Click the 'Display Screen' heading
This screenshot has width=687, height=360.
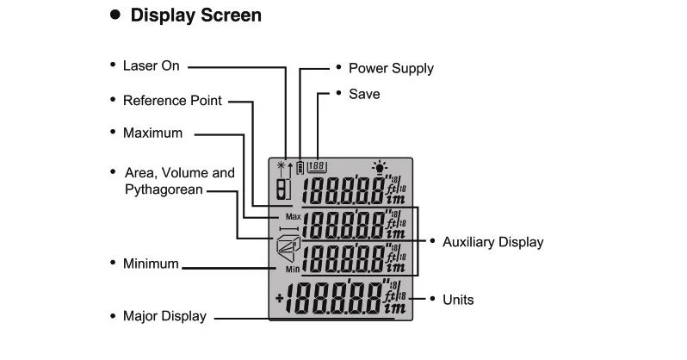click(195, 16)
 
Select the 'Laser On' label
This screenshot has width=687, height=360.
click(152, 65)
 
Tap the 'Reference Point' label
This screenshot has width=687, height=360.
click(172, 100)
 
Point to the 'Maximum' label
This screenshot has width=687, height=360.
click(152, 133)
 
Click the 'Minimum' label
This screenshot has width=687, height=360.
click(152, 264)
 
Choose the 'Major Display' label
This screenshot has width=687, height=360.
click(164, 316)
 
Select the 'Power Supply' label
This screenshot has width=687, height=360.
click(391, 68)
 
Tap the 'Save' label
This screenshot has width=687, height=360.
click(364, 93)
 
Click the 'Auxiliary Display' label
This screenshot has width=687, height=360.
click(492, 242)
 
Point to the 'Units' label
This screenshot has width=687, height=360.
click(457, 300)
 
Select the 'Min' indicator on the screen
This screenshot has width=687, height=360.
click(293, 269)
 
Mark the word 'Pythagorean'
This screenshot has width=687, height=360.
click(164, 189)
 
